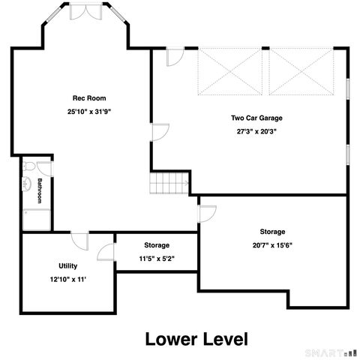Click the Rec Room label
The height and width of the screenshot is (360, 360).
point(89,98)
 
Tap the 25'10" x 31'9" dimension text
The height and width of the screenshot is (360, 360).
point(89,112)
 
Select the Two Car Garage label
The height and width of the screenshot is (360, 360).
point(256,118)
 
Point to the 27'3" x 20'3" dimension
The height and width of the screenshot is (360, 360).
point(256,131)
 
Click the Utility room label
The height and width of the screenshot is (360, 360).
point(67,266)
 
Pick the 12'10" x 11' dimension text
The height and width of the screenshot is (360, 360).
point(68,279)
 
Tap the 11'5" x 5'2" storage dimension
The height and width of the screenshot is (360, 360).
point(157,259)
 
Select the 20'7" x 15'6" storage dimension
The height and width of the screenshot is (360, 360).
point(272,245)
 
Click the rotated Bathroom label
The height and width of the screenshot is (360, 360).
point(40,190)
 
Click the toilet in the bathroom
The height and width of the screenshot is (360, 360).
point(28,166)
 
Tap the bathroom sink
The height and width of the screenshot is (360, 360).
point(26,184)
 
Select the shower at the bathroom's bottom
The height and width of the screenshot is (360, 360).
point(37,220)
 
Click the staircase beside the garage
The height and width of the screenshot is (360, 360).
point(169,183)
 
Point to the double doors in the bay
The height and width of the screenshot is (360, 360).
point(85,11)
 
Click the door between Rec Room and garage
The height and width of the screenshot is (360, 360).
point(160,132)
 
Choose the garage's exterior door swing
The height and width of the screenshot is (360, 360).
point(175,57)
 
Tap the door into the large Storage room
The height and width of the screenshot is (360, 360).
point(208,214)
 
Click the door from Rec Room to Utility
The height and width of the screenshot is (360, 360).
point(79,241)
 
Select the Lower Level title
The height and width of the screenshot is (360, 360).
point(196,339)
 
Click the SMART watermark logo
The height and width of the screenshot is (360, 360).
point(331,353)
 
